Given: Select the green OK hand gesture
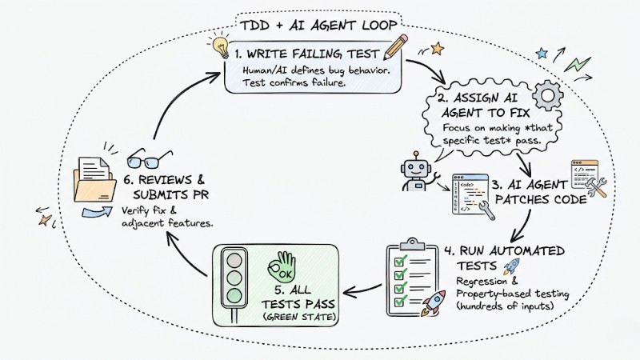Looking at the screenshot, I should pyautogui.click(x=286, y=263).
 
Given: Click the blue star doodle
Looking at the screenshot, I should pyautogui.click(x=542, y=54).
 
